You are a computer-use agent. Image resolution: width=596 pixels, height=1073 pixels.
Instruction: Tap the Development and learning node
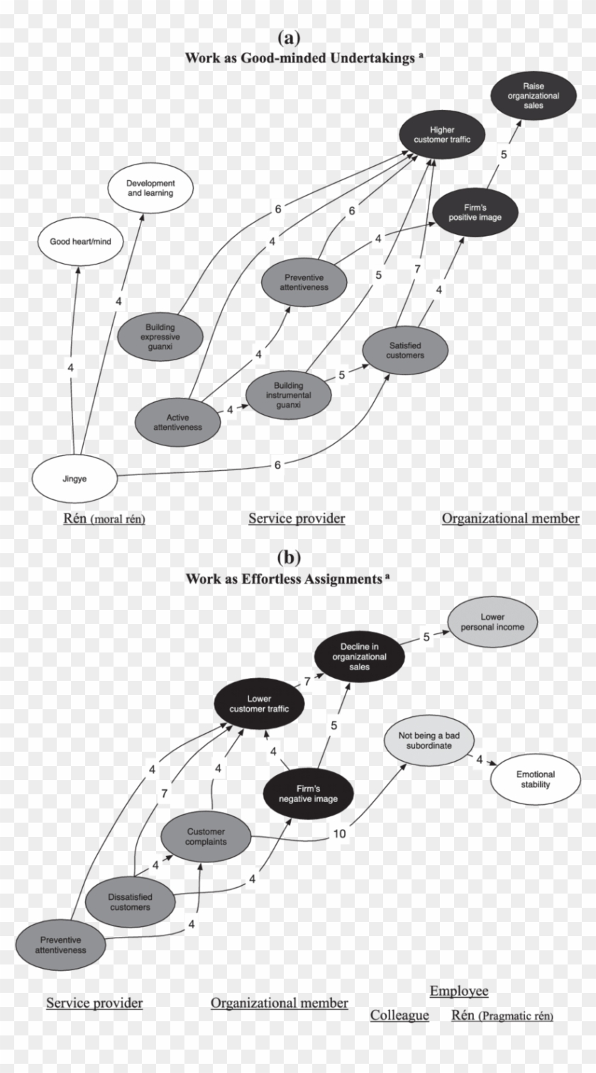pos(150,188)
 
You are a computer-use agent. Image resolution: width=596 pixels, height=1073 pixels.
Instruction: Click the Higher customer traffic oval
pos(442,135)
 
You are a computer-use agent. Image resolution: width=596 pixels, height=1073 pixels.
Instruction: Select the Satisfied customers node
pos(406,350)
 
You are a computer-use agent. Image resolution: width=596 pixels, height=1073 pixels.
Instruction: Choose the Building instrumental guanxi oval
pos(288,394)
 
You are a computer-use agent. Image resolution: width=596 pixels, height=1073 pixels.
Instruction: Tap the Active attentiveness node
pos(178,422)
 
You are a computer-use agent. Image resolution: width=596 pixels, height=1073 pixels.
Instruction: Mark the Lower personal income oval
pos(492,622)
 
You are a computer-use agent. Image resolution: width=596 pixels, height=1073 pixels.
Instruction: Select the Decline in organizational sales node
pos(359,657)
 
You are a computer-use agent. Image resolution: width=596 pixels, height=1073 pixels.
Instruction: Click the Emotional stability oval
pos(535,779)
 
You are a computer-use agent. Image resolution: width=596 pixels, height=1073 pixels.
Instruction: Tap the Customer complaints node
pos(206,837)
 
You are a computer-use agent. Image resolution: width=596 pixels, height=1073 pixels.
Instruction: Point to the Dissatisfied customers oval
pos(131,901)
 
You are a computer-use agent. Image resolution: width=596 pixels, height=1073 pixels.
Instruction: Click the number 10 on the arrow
pos(340,834)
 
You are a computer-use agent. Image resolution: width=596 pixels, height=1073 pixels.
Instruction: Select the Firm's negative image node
pos(307,794)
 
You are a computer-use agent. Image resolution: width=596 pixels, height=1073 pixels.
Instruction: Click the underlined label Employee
pos(458,991)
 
